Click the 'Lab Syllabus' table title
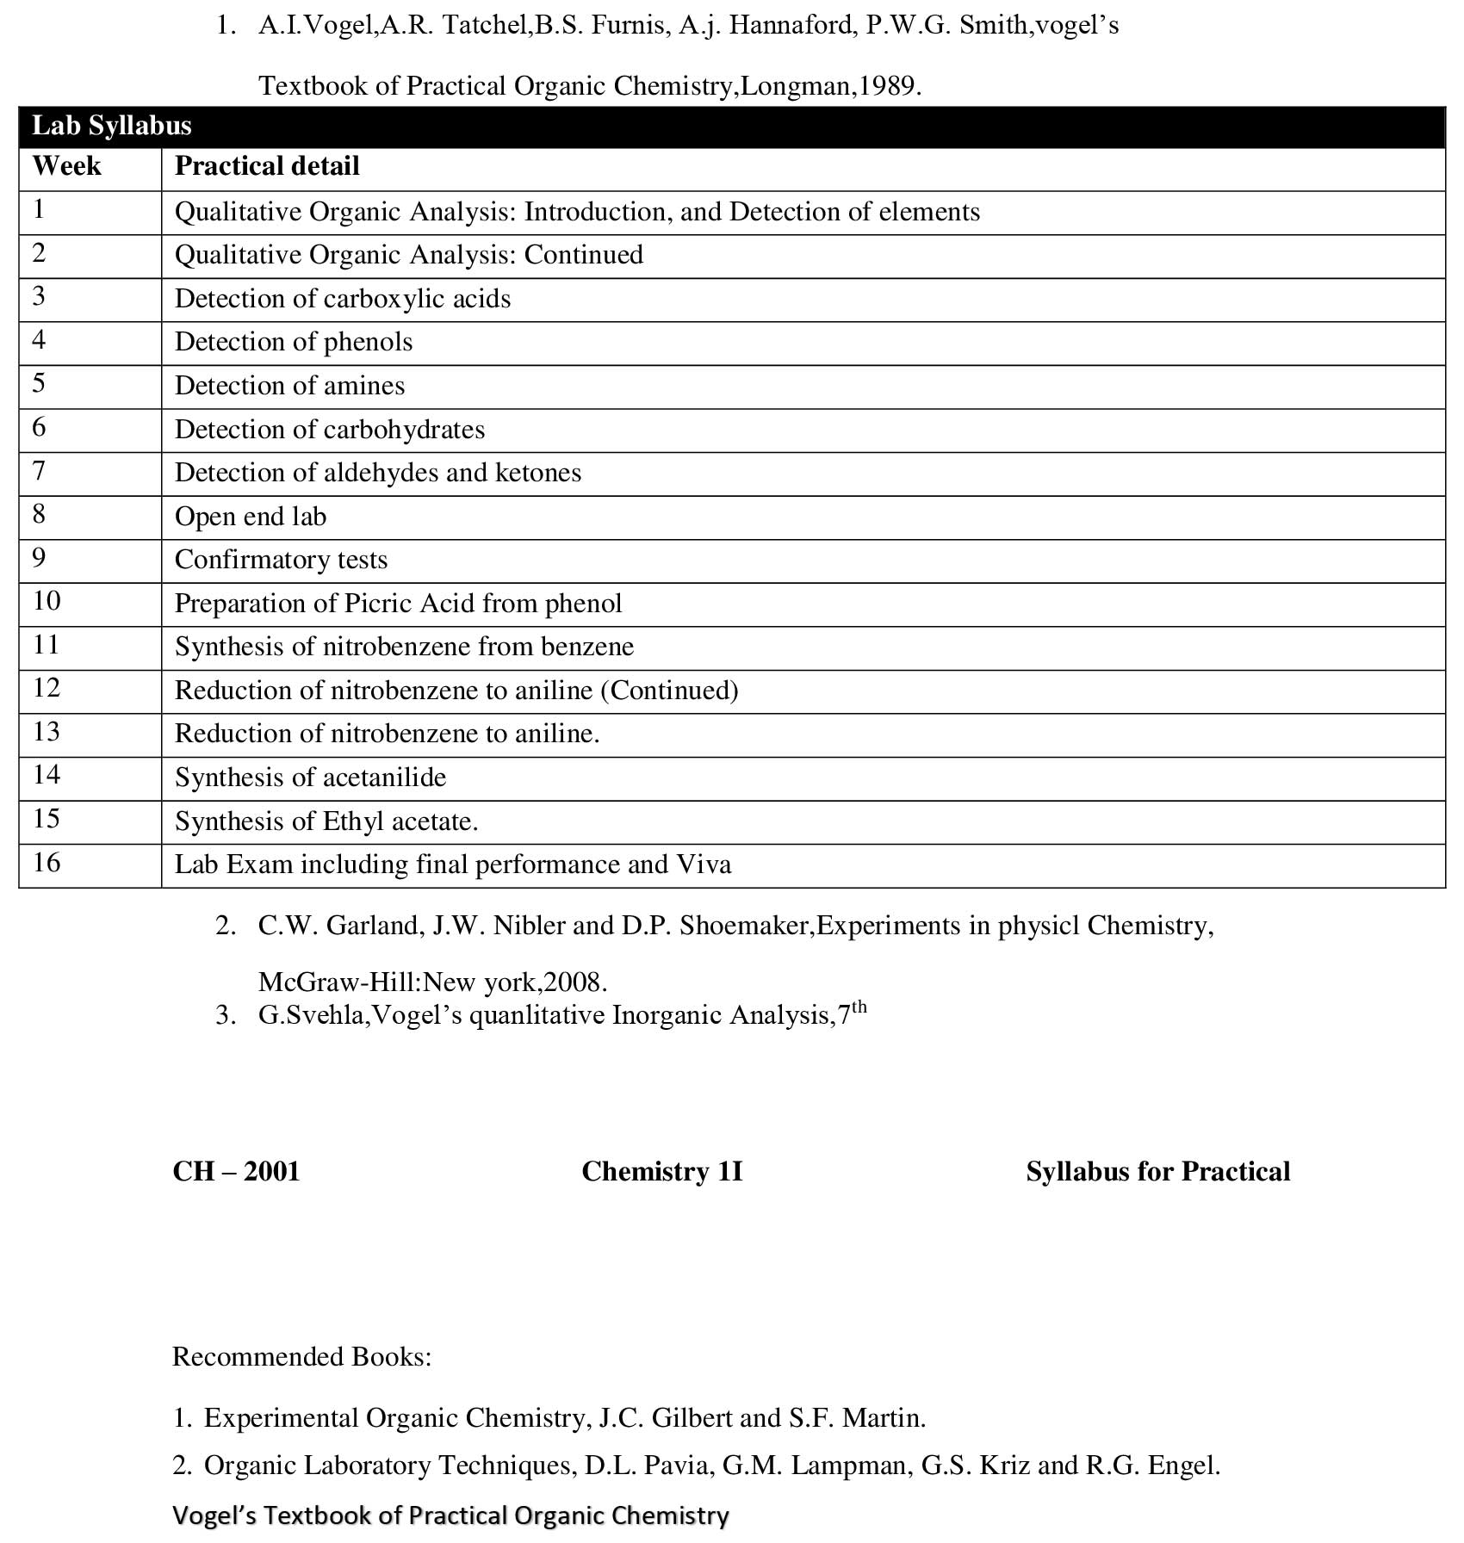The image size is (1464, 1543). click(111, 126)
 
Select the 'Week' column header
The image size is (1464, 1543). click(66, 166)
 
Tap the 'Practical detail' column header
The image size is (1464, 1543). click(267, 166)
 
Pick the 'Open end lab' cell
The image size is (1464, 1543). click(251, 517)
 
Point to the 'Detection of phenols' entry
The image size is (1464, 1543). click(294, 342)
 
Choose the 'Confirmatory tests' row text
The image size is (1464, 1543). click(281, 560)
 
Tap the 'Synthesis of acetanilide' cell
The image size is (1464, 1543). click(310, 778)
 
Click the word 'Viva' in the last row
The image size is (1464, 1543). click(704, 864)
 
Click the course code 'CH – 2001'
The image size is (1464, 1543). click(236, 1172)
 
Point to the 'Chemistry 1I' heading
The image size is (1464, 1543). click(661, 1172)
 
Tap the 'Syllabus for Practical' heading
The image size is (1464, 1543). click(1157, 1172)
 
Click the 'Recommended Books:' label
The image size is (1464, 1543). click(301, 1357)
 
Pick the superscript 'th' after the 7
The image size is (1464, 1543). click(859, 1007)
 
